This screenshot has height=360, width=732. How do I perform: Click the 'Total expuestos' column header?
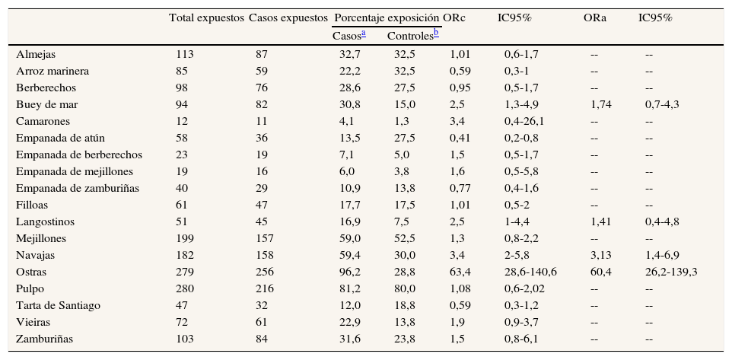tap(206, 17)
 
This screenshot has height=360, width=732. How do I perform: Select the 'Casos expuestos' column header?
tap(288, 17)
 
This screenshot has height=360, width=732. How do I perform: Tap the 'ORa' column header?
tap(594, 17)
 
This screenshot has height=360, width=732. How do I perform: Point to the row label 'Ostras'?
tap(31, 272)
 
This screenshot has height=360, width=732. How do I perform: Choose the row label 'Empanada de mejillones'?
tap(69, 171)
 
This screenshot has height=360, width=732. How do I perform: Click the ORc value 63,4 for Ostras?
tap(460, 272)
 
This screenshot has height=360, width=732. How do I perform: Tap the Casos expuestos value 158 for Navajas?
tap(266, 255)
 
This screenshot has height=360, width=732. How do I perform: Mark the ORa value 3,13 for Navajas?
tap(601, 255)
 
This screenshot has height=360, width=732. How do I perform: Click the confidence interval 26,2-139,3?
tap(671, 272)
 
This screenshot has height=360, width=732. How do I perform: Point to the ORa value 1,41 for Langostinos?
tap(601, 221)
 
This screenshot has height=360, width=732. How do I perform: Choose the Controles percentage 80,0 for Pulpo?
tap(404, 288)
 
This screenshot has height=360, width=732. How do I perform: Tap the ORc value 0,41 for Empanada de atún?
tap(460, 138)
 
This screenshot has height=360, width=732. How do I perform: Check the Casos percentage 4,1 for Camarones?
tap(345, 121)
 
